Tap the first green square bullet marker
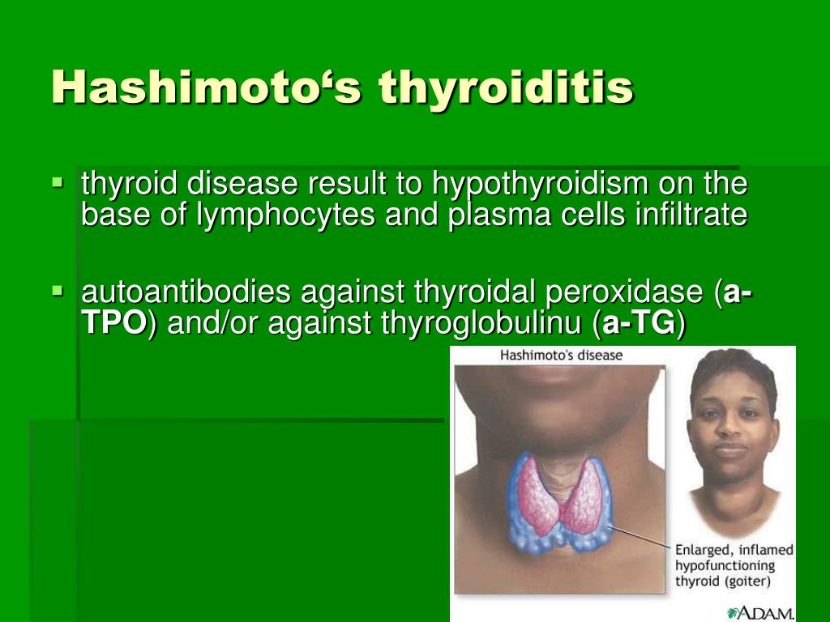point(58,182)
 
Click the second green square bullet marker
point(58,290)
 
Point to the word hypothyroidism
point(540,184)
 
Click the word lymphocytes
point(285,215)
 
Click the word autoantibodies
point(186,292)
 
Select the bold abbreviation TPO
point(113,322)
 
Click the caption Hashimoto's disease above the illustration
point(561,355)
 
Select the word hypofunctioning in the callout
point(725,566)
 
